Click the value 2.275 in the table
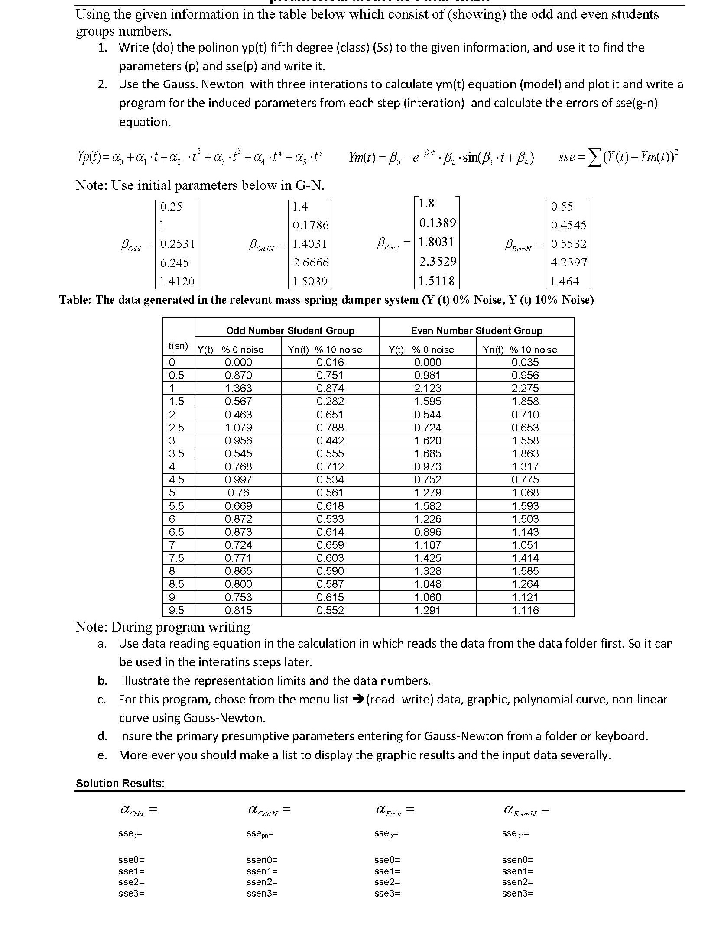(525, 388)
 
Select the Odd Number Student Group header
(290, 330)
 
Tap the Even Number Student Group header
(476, 330)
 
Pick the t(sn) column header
(178, 345)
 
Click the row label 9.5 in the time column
(176, 610)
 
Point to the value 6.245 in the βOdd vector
(174, 262)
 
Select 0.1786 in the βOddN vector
(311, 225)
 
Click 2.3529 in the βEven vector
(437, 261)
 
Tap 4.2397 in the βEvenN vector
(569, 262)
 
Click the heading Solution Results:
(120, 783)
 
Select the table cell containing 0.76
(238, 492)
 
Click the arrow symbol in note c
(357, 700)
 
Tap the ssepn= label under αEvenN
(516, 833)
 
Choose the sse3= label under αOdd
(131, 893)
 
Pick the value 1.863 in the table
(525, 453)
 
